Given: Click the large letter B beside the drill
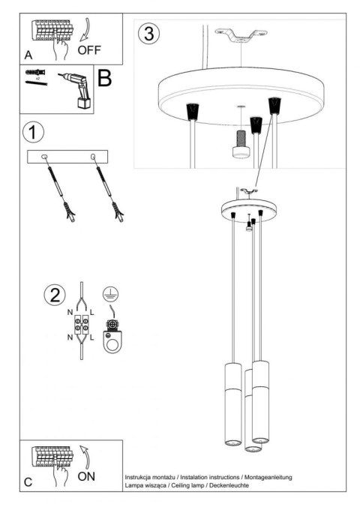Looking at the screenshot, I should (x=104, y=78).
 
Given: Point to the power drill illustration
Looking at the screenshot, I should (x=76, y=90).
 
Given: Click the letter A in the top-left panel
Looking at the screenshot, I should (x=28, y=55).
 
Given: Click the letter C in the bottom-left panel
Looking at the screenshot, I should (x=28, y=482).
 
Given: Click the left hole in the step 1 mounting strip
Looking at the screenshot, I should (x=45, y=157).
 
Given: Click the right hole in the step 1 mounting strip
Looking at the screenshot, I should (x=94, y=157).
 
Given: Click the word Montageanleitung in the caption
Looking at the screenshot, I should (x=268, y=477).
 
